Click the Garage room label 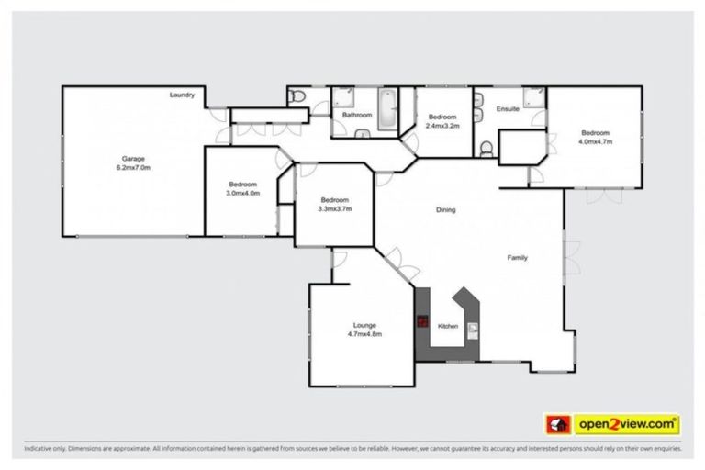point(133,158)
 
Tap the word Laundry point(182,95)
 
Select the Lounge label point(364,325)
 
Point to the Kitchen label point(447,326)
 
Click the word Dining point(445,210)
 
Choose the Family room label point(518,258)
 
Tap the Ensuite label point(508,109)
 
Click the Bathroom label point(357,116)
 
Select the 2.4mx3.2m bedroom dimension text point(442,126)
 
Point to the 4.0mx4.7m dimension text point(595,142)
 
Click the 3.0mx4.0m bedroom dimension point(243,193)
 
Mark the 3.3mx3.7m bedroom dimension point(334,209)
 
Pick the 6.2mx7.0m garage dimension point(133,168)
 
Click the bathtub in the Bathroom point(388,109)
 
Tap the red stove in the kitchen point(423,322)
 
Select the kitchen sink point(473,328)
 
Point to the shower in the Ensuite point(533,98)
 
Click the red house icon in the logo point(557,424)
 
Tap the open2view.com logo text point(627,424)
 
